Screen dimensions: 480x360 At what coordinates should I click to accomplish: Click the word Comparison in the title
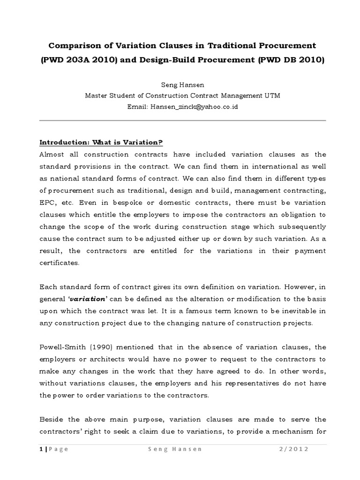73,45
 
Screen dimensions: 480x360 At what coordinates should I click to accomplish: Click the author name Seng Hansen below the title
180,86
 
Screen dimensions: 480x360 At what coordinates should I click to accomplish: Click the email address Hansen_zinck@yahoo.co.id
192,107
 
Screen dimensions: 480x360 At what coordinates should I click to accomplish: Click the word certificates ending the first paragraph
60,263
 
